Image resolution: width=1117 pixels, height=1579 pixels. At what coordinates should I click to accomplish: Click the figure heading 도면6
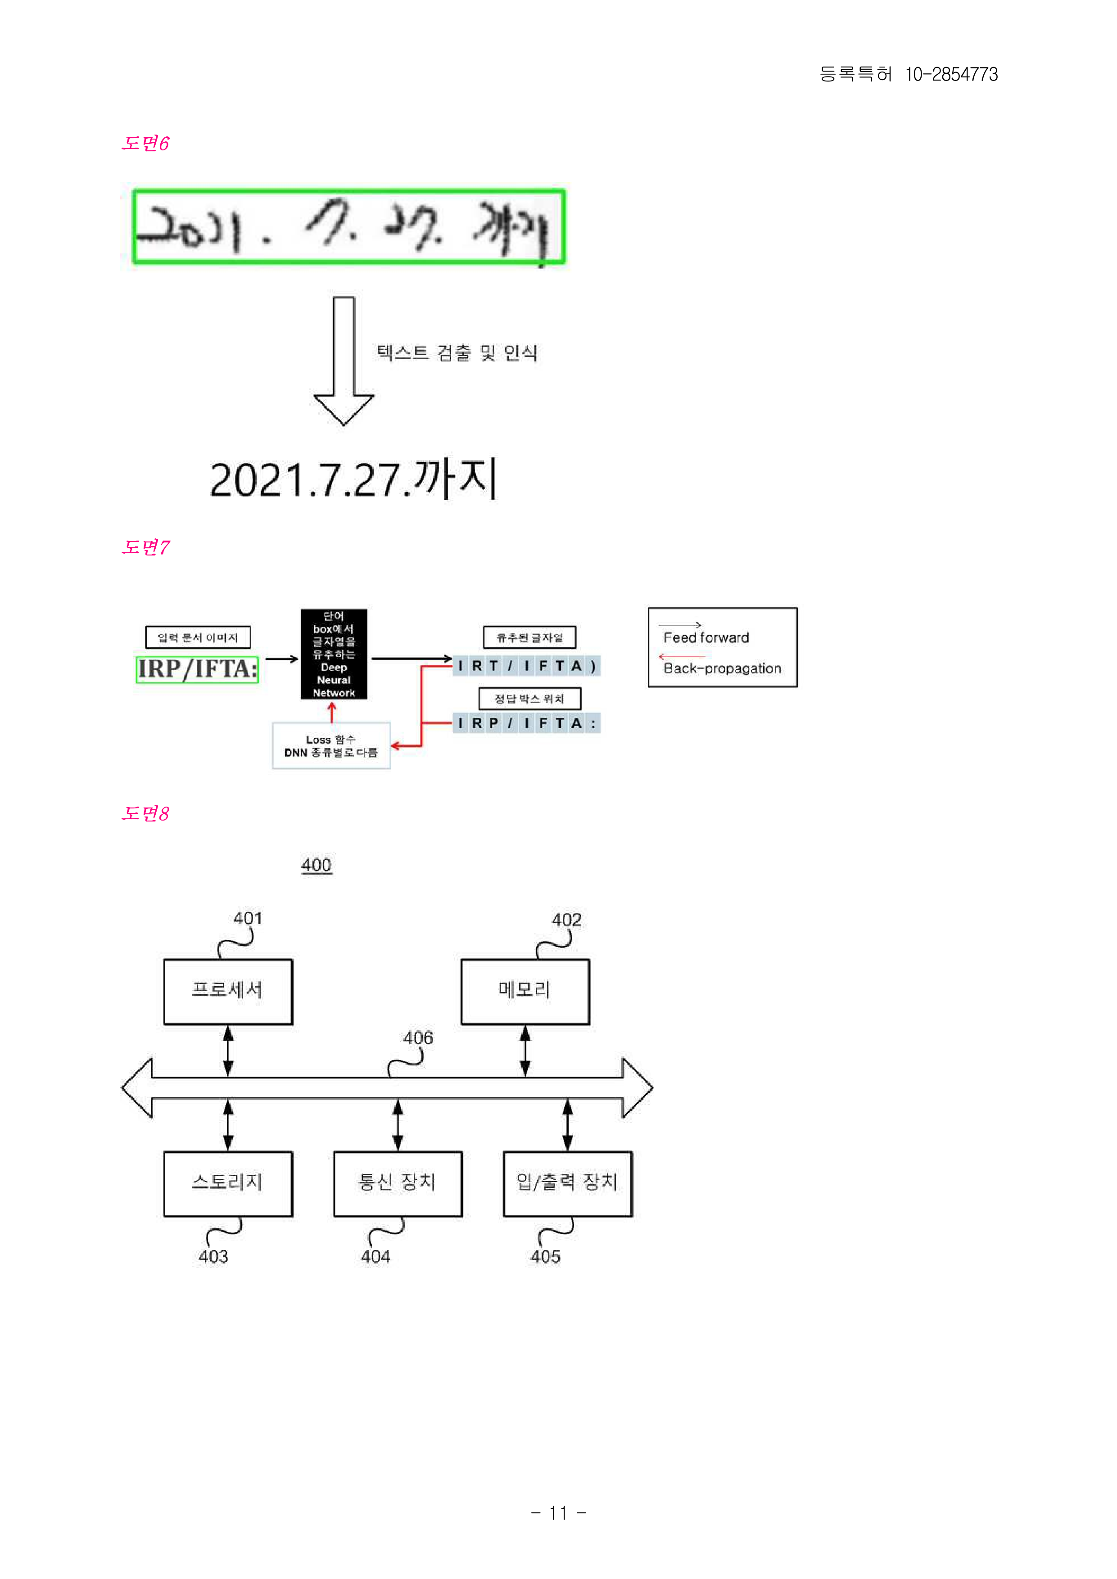(145, 143)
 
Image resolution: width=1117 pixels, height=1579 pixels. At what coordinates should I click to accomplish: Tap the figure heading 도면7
(145, 547)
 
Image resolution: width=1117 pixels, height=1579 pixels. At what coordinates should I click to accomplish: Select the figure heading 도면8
(145, 813)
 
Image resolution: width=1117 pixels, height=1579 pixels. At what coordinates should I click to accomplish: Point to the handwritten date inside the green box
(349, 226)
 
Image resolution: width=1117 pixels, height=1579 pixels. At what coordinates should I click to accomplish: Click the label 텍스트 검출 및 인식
(457, 353)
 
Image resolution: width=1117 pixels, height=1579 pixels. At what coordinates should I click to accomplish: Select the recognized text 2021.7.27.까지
(353, 479)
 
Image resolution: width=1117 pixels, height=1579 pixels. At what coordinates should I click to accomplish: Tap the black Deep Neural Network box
(334, 654)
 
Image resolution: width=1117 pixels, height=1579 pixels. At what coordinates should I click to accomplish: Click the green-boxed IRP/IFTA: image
(197, 668)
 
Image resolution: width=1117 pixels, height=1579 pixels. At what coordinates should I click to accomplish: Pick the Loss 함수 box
(331, 745)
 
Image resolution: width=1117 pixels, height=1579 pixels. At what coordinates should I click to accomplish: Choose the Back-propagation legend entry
(722, 668)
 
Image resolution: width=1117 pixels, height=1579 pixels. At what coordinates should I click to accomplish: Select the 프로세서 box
(228, 991)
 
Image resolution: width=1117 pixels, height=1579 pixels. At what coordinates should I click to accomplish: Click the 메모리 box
(525, 991)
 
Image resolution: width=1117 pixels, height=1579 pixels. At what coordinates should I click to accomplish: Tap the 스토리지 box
(228, 1183)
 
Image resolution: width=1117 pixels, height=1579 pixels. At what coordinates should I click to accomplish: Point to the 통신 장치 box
(398, 1183)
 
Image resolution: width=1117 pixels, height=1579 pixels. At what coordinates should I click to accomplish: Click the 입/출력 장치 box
(567, 1183)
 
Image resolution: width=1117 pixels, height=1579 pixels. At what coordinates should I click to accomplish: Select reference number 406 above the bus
(418, 1038)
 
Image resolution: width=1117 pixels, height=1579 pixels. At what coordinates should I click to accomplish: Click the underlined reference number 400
(317, 865)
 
